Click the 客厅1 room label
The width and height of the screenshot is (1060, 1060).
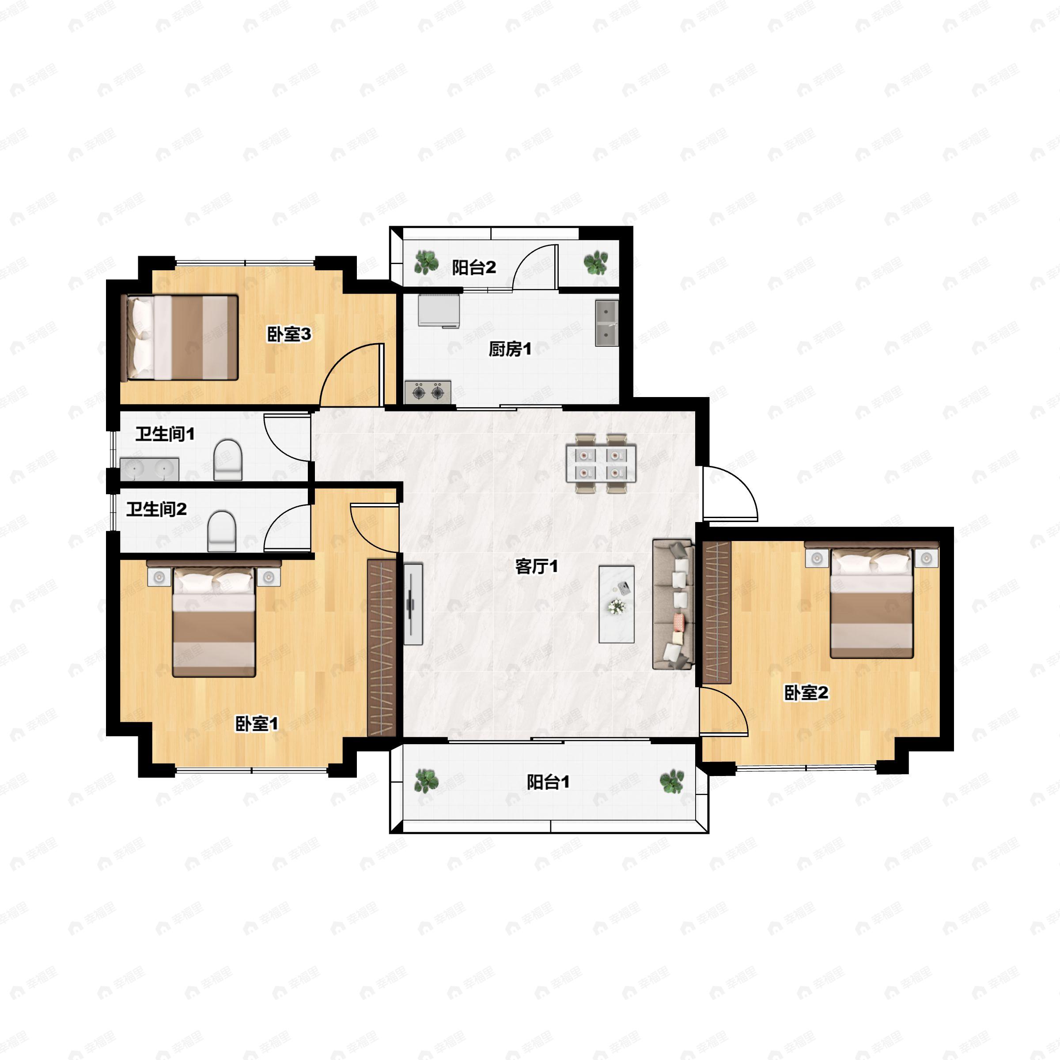[x=536, y=566]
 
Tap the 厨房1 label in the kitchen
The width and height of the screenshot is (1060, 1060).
[x=510, y=348]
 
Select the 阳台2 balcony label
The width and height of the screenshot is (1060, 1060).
[x=473, y=267]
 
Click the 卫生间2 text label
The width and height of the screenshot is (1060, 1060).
[x=156, y=509]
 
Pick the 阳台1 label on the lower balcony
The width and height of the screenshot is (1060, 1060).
[x=548, y=782]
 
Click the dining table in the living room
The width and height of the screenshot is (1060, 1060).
[x=601, y=464]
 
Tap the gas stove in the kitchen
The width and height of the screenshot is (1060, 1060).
[x=428, y=392]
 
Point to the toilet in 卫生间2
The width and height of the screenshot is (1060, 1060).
[x=222, y=531]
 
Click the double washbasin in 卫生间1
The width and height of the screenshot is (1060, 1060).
[x=149, y=469]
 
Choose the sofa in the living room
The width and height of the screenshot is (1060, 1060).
[x=673, y=605]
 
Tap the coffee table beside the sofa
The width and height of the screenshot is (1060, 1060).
[x=616, y=605]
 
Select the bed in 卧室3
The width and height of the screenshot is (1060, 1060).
[x=179, y=337]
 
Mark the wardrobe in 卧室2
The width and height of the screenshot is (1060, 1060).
[x=716, y=612]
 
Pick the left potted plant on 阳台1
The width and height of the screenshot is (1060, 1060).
[x=426, y=781]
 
